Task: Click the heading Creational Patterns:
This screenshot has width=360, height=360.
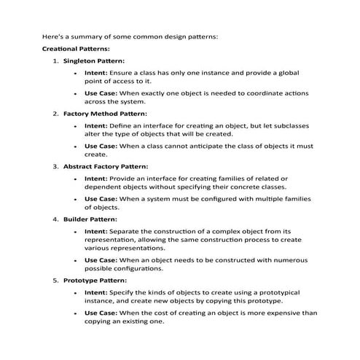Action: tap(76, 49)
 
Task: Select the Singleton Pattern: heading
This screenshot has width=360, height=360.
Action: tap(94, 60)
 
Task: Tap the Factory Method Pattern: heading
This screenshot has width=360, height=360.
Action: tap(105, 114)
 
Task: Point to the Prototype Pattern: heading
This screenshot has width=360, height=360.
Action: tap(95, 280)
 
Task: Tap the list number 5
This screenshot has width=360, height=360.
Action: tap(55, 280)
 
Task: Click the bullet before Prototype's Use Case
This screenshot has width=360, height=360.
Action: tap(76, 313)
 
